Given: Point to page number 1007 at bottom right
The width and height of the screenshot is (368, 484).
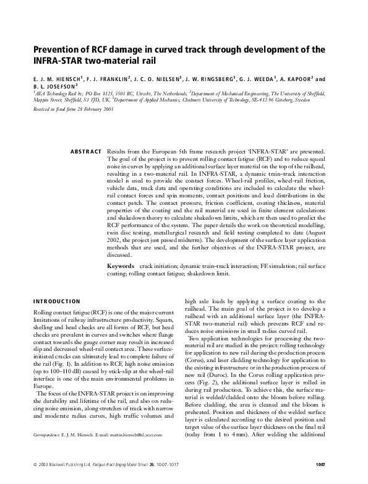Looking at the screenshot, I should [325, 464].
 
